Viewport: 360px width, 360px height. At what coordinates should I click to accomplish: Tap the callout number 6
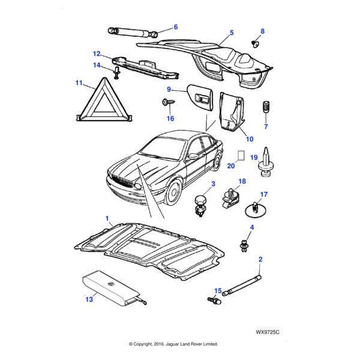pyautogui.click(x=176, y=27)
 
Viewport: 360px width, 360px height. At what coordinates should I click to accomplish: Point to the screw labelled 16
pyautogui.click(x=167, y=103)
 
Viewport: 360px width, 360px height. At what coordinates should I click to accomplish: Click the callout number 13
pyautogui.click(x=89, y=299)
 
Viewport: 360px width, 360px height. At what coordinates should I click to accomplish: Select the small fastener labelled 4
pyautogui.click(x=245, y=244)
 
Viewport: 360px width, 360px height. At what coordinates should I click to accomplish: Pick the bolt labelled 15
pyautogui.click(x=214, y=302)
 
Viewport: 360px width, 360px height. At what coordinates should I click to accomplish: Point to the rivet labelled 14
pyautogui.click(x=118, y=74)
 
